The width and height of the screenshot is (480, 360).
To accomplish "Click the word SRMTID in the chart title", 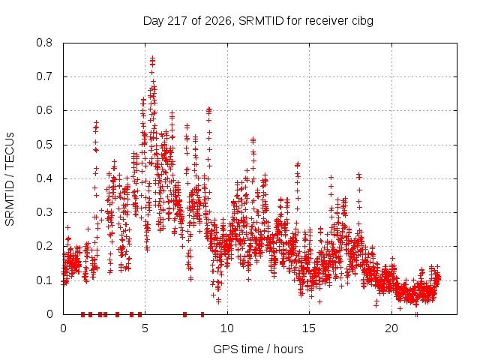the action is click(262, 21).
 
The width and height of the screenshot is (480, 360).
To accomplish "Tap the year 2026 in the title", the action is click(218, 21).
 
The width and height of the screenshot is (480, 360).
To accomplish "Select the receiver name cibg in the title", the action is click(362, 22).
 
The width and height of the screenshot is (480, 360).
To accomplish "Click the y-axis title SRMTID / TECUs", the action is click(10, 179).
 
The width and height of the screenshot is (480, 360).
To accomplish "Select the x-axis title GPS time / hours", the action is click(258, 349).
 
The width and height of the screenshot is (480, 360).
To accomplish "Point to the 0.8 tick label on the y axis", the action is click(44, 43).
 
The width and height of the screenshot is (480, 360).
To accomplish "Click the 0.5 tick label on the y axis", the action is click(44, 145).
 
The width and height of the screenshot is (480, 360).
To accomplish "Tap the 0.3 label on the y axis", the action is click(44, 212).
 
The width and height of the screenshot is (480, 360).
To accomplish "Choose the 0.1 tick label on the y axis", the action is click(44, 280).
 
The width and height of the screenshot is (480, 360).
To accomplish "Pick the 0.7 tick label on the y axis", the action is click(44, 76).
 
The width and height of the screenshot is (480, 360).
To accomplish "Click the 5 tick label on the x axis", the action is click(145, 328).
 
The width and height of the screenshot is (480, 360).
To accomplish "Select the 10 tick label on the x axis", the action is click(227, 328).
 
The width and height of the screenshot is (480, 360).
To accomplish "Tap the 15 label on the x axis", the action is click(309, 328).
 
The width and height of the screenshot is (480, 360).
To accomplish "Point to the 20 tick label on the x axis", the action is click(391, 328).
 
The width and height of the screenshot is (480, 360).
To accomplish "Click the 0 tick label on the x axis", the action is click(63, 328).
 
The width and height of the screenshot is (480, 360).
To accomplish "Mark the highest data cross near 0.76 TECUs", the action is click(152, 58).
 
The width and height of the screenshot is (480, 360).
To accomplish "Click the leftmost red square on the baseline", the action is click(82, 314).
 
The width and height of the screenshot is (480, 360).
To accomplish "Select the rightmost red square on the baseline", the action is click(202, 314).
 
